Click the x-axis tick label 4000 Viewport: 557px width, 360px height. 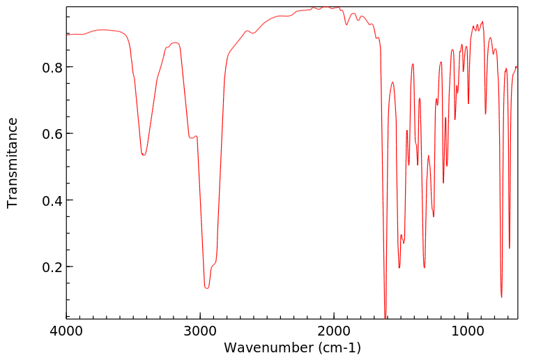click(67, 331)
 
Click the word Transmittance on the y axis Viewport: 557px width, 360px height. click(13, 163)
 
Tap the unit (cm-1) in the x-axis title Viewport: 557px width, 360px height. click(339, 347)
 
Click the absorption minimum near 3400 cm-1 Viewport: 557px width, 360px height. click(144, 155)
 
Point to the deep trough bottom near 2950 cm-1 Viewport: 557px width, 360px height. click(206, 287)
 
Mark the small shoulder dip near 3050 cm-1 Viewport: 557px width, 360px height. click(192, 138)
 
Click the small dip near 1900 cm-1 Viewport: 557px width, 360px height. click(346, 25)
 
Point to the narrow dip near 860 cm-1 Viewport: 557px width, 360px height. click(485, 114)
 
